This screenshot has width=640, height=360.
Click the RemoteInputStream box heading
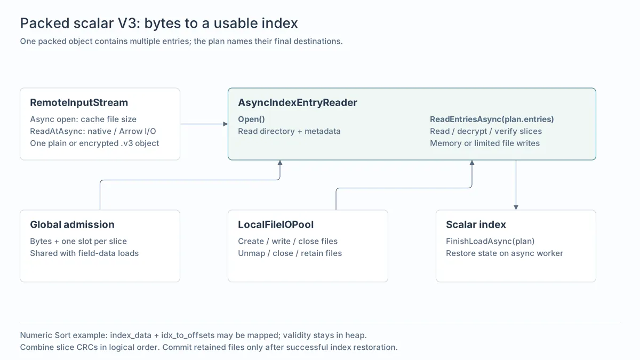(79, 102)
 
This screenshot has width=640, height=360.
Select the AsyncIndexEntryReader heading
(298, 102)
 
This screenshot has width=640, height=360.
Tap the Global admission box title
(73, 225)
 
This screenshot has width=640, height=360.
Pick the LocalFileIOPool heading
(276, 225)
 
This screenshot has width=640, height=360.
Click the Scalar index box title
(476, 225)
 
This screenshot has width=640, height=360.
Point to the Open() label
(251, 119)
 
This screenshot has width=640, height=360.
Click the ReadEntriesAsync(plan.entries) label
(492, 119)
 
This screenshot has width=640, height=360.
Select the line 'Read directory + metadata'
(289, 131)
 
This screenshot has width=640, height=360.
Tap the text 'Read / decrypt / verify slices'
(486, 131)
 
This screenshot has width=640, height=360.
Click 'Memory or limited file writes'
(485, 143)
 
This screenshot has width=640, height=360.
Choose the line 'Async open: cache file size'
(83, 119)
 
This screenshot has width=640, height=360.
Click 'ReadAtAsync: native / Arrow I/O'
(93, 131)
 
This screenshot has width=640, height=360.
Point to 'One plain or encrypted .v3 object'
(94, 143)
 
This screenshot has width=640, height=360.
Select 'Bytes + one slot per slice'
(78, 241)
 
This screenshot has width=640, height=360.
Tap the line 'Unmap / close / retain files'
(290, 253)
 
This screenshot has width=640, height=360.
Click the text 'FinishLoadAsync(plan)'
(490, 241)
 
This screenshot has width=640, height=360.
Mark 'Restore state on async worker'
(505, 253)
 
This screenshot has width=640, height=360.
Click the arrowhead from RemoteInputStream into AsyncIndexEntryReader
(226, 124)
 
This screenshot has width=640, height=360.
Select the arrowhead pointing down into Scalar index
(516, 207)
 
